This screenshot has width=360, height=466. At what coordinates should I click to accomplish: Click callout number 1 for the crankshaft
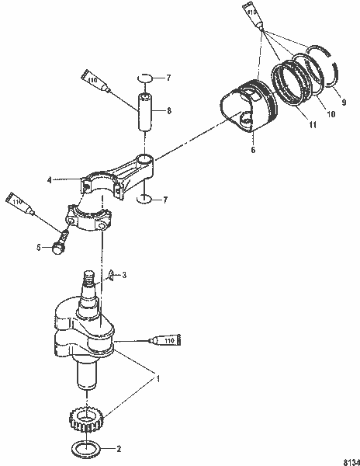(160, 380)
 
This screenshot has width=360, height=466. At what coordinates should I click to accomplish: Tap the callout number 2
(118, 449)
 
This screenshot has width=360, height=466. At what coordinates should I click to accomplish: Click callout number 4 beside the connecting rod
(71, 180)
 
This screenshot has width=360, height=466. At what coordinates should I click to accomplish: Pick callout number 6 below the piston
(251, 150)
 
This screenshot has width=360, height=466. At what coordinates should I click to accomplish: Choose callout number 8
(170, 111)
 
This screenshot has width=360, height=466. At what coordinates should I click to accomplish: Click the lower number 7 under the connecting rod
(169, 200)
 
